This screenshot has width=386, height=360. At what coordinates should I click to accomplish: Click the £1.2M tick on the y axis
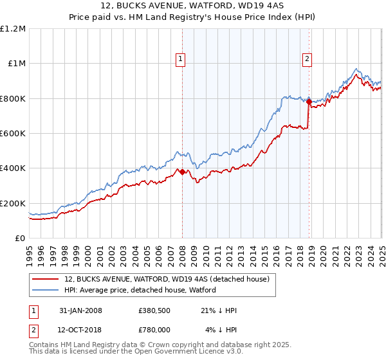(13, 28)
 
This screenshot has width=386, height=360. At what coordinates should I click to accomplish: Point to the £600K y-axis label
(13, 134)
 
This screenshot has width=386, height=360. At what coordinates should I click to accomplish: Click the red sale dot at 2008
(182, 172)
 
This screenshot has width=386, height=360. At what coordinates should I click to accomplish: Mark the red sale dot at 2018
(309, 102)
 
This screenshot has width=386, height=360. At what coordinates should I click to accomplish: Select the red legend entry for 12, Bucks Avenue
(170, 279)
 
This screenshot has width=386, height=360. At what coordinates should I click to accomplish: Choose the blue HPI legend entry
(140, 290)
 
